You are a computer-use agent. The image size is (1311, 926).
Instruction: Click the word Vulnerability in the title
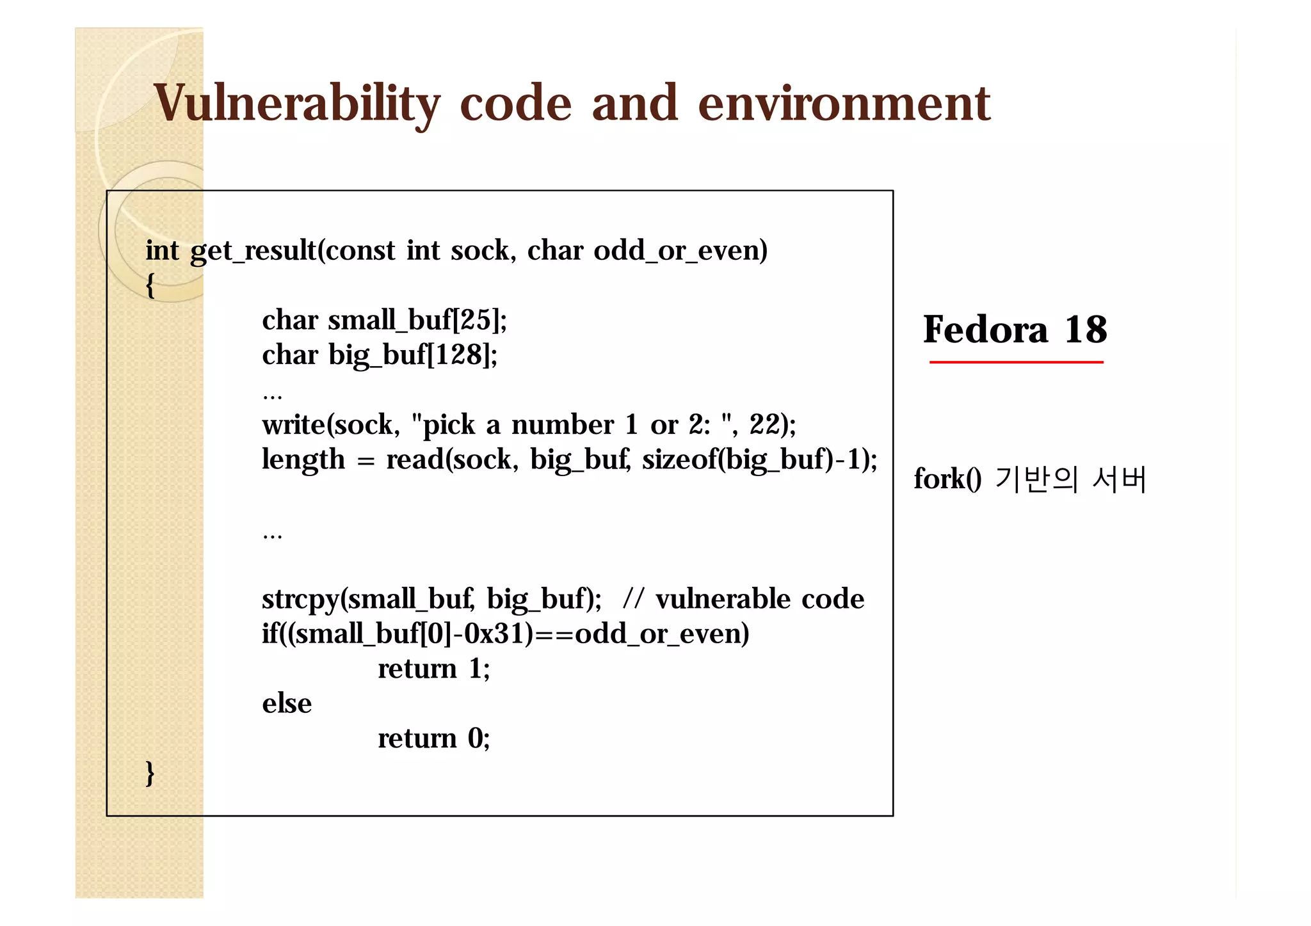pyautogui.click(x=296, y=104)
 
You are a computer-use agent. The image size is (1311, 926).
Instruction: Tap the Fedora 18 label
pyautogui.click(x=1015, y=330)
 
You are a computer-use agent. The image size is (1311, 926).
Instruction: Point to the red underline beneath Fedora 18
pyautogui.click(x=1016, y=362)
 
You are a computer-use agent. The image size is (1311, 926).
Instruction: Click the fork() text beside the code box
pyautogui.click(x=947, y=479)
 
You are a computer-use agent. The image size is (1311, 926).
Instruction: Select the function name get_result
pyautogui.click(x=253, y=251)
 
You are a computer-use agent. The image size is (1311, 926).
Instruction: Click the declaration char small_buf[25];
pyautogui.click(x=384, y=320)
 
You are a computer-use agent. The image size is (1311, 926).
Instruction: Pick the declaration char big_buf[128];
pyautogui.click(x=380, y=355)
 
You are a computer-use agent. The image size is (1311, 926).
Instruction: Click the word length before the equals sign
pyautogui.click(x=303, y=459)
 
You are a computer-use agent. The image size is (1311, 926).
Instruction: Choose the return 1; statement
pyautogui.click(x=433, y=669)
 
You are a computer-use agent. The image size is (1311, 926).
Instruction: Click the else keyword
pyautogui.click(x=287, y=703)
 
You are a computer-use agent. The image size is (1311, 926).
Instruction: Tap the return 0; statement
pyautogui.click(x=433, y=738)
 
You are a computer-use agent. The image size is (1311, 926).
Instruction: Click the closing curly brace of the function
pyautogui.click(x=150, y=773)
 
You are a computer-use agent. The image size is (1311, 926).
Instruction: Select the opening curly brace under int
pyautogui.click(x=150, y=285)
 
